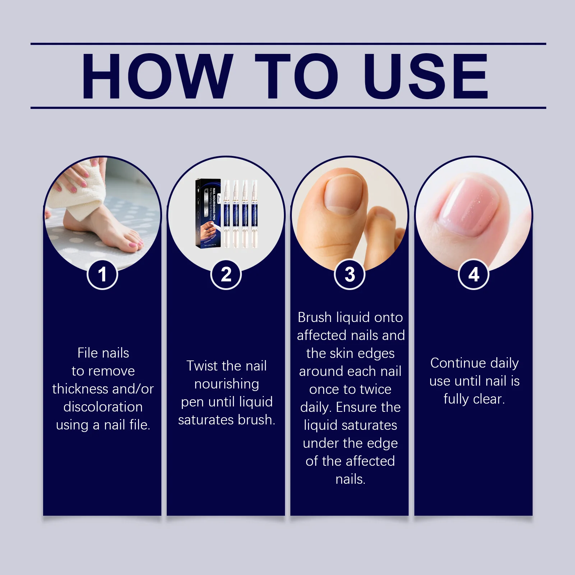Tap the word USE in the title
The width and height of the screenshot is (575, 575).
[x=426, y=76]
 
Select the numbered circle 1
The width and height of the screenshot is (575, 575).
[x=102, y=275]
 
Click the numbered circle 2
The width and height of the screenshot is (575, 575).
[x=226, y=275]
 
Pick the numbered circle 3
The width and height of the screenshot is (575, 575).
[x=350, y=275]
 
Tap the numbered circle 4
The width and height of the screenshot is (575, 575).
[x=474, y=275]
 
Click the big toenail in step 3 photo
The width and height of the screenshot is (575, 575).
[x=345, y=194]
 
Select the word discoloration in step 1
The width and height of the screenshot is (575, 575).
[x=103, y=407]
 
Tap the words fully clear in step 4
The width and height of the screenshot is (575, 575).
[x=474, y=399]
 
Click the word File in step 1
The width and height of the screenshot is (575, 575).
[x=88, y=353]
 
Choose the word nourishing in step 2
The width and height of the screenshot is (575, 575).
[x=226, y=384]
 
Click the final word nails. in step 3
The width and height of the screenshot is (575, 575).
[x=350, y=479]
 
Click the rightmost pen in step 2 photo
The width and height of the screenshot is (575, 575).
[x=254, y=214]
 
